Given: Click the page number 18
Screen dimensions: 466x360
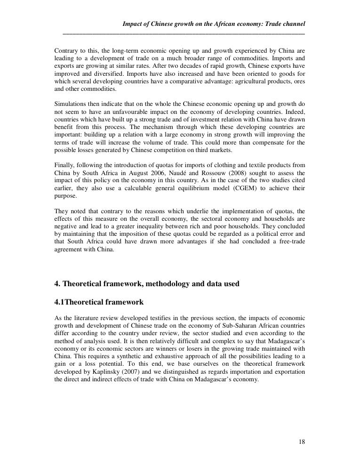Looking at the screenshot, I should pos(302,442).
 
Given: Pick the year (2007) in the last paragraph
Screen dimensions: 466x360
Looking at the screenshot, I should pos(124,372).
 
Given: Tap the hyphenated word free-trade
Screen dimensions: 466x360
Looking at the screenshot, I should pos(288,242).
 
